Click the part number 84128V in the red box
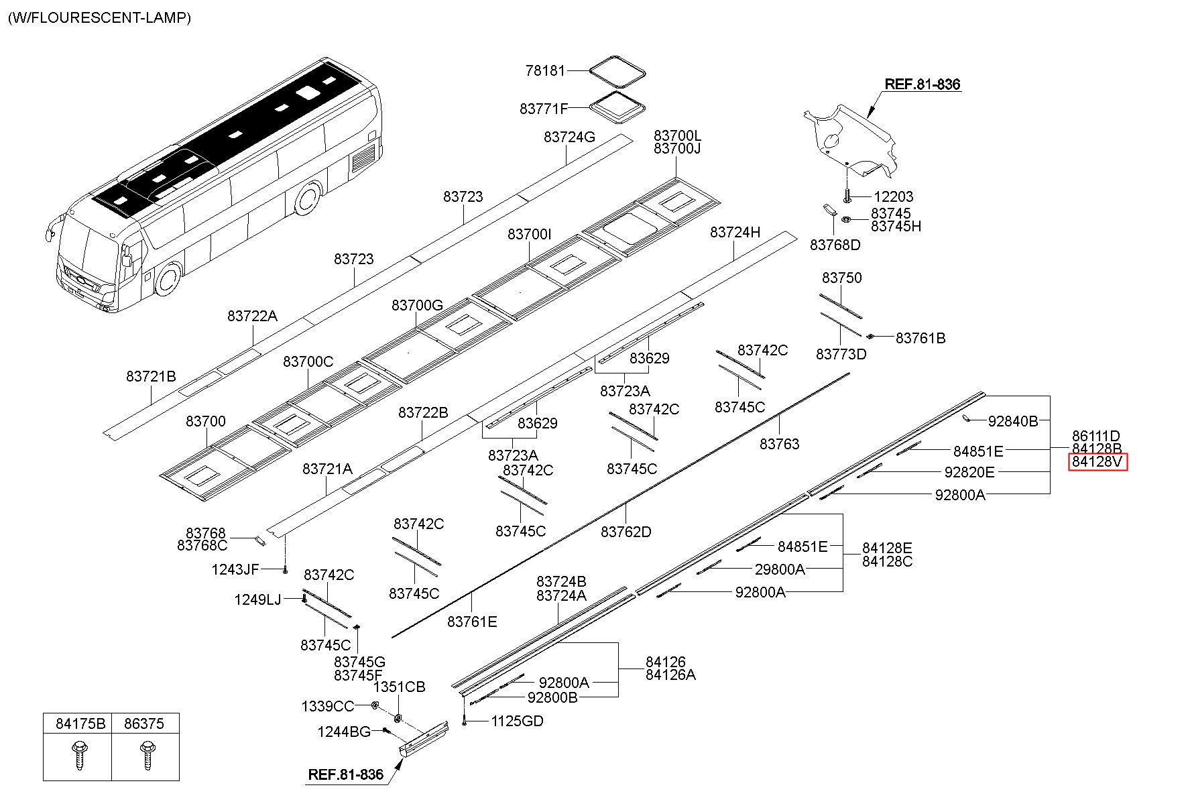[x=1097, y=462]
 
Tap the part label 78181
[x=546, y=70]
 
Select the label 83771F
[x=544, y=108]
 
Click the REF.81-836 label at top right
[x=923, y=84]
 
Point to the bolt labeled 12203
[x=847, y=195]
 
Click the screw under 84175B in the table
[x=78, y=755]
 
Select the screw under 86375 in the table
[x=145, y=755]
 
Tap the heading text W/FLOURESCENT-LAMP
[x=99, y=17]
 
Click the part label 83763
[x=780, y=444]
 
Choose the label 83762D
[x=626, y=532]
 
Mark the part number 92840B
[x=1013, y=421]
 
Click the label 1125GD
[x=517, y=721]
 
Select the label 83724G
[x=569, y=137]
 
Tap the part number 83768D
[x=835, y=245]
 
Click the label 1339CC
[x=327, y=706]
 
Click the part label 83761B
[x=920, y=338]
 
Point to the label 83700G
[x=417, y=305]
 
